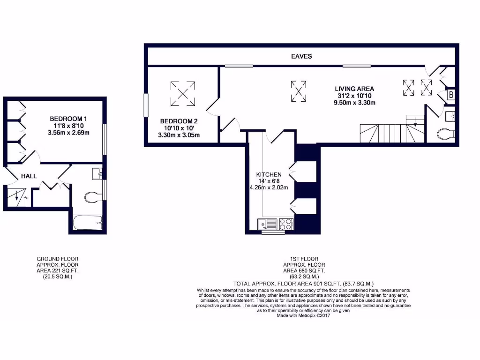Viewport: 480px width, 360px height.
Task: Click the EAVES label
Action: (x=301, y=56)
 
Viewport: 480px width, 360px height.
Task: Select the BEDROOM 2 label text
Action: (x=177, y=120)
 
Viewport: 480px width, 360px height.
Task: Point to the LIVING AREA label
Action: (x=354, y=88)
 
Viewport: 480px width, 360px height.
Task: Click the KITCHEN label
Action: (x=269, y=174)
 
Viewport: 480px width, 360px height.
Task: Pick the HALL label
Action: (x=29, y=176)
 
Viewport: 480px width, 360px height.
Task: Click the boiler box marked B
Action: (x=450, y=95)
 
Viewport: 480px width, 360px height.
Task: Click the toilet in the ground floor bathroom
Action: (x=93, y=197)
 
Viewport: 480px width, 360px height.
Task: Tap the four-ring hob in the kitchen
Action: (x=286, y=224)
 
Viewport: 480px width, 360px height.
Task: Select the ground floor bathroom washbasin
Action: (x=97, y=174)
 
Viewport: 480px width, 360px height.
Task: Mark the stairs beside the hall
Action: (x=17, y=196)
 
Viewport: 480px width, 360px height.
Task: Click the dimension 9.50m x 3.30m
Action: (x=354, y=103)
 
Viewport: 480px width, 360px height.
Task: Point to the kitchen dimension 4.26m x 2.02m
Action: (x=268, y=188)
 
